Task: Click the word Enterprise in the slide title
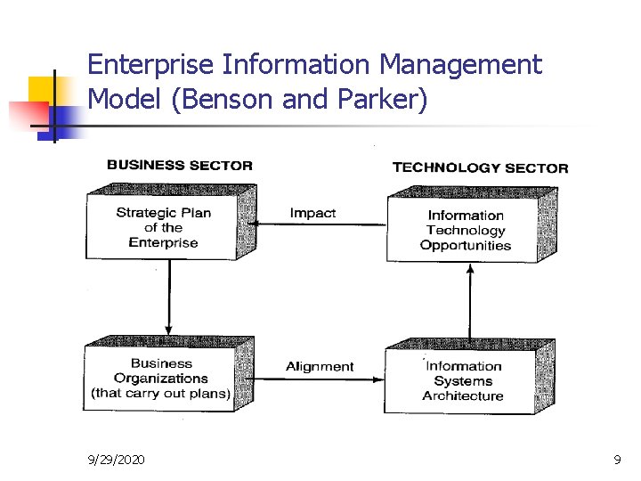click(151, 65)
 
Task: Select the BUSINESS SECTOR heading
click(179, 165)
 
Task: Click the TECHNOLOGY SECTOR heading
click(480, 167)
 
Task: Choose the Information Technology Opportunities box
click(465, 230)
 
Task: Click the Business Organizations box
click(160, 379)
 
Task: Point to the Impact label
click(312, 213)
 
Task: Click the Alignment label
click(320, 366)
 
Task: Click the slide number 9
click(617, 460)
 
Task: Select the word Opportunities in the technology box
click(466, 246)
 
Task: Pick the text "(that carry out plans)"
click(160, 394)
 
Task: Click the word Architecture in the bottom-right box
click(463, 396)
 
